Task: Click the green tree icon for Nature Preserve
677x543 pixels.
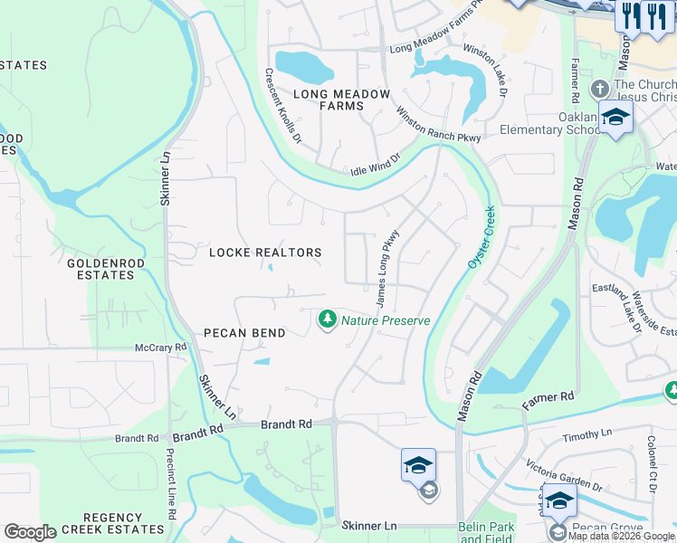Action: tap(327, 319)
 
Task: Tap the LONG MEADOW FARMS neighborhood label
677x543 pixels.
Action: tap(341, 100)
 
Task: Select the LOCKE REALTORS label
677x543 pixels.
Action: tap(265, 252)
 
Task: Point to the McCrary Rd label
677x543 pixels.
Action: tap(160, 347)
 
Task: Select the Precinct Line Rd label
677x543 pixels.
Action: tap(170, 489)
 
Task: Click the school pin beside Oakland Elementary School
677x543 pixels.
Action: tap(615, 118)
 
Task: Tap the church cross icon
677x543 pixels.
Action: tap(598, 90)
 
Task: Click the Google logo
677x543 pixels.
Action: tap(30, 532)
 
